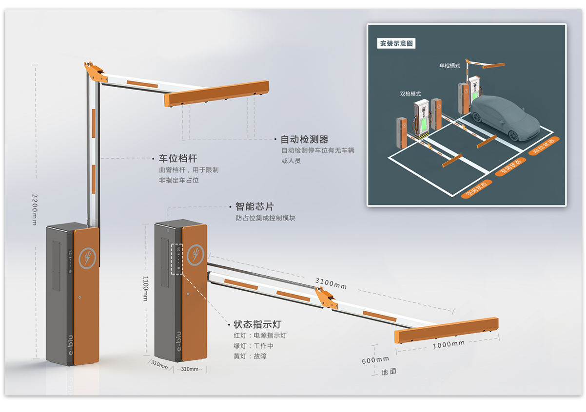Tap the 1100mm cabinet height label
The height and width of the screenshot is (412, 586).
point(145,288)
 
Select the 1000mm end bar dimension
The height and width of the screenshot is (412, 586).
point(449,344)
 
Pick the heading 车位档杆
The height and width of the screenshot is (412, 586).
point(178,158)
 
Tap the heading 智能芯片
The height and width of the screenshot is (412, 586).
point(254,206)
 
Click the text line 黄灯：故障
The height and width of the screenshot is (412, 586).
point(250,356)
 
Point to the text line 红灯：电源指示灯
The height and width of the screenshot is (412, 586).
point(260,336)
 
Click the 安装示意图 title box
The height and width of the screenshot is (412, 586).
point(396,43)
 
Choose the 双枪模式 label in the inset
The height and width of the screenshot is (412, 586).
point(410,94)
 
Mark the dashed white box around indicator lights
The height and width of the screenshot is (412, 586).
point(176,259)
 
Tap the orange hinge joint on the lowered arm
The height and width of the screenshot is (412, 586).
point(325,298)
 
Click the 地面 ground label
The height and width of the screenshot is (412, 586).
point(389,372)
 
